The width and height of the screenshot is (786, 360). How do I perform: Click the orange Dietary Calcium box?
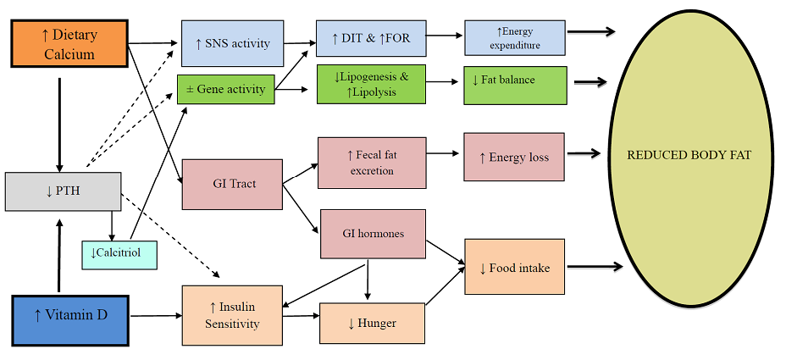[69, 44]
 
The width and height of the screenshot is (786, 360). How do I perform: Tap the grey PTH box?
[63, 191]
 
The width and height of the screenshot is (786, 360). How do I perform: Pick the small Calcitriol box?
[119, 252]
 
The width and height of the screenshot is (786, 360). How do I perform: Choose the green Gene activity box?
[225, 89]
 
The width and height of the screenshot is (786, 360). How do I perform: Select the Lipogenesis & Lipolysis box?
[371, 84]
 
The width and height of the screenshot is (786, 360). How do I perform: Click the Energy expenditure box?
[513, 39]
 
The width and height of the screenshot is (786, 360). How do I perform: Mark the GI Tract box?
[231, 184]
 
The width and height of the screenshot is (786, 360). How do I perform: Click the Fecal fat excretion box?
[372, 163]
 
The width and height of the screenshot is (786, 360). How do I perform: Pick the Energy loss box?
[513, 157]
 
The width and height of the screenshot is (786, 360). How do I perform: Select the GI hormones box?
[372, 233]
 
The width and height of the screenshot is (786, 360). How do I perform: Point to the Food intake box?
[514, 267]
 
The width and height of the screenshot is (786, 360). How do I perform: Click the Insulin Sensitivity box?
[232, 315]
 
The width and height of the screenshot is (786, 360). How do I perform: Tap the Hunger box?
[371, 323]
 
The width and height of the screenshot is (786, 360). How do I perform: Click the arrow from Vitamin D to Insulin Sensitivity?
[155, 316]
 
